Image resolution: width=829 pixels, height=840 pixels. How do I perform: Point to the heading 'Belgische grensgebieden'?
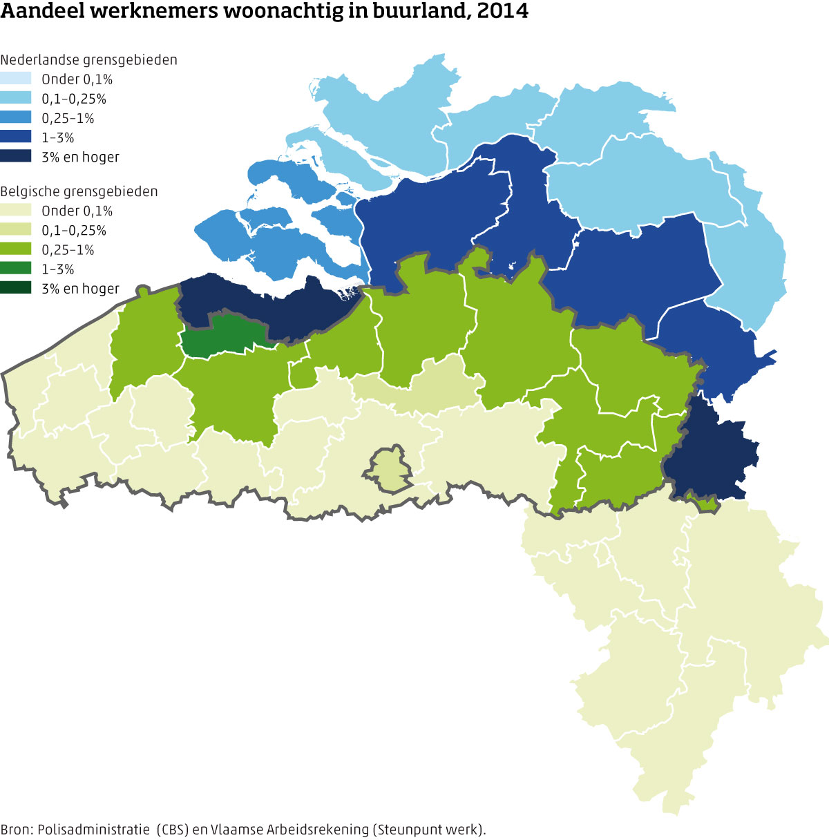pos(79,191)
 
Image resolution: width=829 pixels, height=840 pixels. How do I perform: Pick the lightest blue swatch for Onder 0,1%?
pos(16,79)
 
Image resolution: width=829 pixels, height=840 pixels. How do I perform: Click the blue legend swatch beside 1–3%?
pos(16,137)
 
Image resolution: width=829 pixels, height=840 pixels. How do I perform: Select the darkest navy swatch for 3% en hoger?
pos(16,156)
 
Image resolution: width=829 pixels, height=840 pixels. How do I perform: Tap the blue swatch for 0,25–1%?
pos(16,117)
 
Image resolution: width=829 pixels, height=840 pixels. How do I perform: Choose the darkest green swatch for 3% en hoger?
pos(16,288)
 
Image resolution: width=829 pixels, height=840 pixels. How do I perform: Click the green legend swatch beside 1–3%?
pos(16,269)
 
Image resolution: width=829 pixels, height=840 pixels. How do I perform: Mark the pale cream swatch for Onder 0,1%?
pos(16,211)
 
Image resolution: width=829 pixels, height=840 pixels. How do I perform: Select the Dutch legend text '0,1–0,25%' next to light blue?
pos(74,99)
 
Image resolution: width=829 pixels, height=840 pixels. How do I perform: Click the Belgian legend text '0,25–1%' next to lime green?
pos(68,250)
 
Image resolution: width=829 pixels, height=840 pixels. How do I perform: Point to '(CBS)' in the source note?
pos(172,830)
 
